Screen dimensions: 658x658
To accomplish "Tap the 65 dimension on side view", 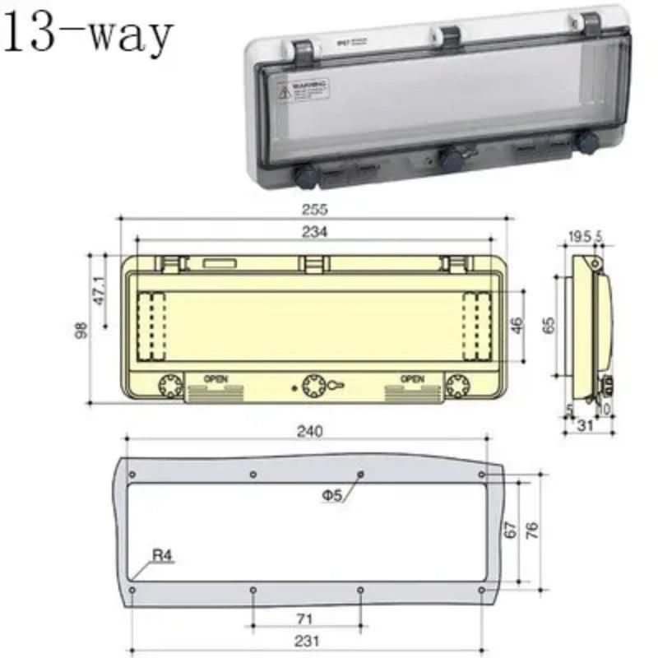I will [549, 324].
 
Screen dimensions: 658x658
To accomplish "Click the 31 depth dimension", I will [586, 425].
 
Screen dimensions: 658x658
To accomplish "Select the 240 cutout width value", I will [309, 430].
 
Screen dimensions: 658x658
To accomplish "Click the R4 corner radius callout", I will [163, 555].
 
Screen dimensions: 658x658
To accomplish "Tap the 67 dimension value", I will [511, 531].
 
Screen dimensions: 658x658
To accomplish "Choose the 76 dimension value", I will [532, 531].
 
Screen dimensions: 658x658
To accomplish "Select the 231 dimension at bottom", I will [308, 641].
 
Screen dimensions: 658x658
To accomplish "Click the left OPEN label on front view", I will [215, 379].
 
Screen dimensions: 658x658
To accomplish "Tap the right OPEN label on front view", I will [412, 379].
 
